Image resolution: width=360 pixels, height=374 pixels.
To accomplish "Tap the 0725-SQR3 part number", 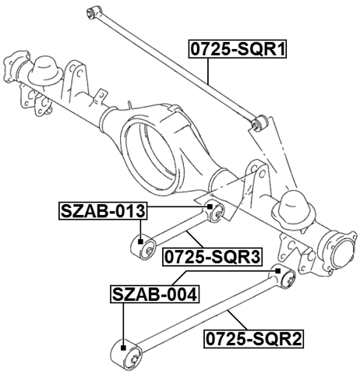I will coord(211,255).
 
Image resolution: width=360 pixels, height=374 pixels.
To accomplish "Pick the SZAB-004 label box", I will coord(154,295).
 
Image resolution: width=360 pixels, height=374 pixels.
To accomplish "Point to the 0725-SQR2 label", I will coord(253,339).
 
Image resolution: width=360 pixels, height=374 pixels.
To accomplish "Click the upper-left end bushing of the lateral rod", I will coord(93,10).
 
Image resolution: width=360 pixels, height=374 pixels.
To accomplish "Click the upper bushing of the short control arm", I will coord(217,209).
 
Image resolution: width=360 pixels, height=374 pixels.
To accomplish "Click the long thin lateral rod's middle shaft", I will coord(175,66).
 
